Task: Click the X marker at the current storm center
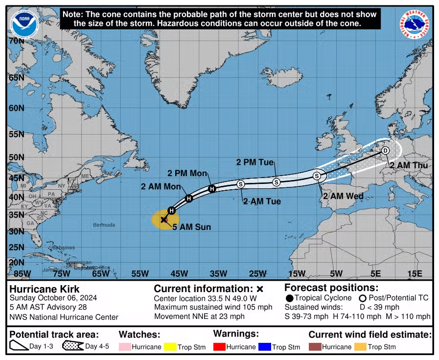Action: click(x=164, y=220)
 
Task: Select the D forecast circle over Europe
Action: click(x=385, y=150)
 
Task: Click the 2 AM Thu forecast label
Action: click(x=409, y=165)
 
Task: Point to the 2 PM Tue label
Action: click(x=254, y=162)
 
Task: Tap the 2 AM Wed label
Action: click(x=343, y=196)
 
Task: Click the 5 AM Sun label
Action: click(x=191, y=227)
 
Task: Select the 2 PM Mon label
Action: click(x=187, y=173)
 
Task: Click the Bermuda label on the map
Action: click(x=104, y=225)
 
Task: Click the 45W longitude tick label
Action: click(x=179, y=273)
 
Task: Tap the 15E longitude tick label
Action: click(x=414, y=273)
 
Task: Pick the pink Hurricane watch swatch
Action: click(x=126, y=347)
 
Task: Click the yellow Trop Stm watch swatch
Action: click(x=170, y=347)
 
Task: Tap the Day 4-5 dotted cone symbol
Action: click(x=72, y=346)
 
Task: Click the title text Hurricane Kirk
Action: click(x=45, y=289)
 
